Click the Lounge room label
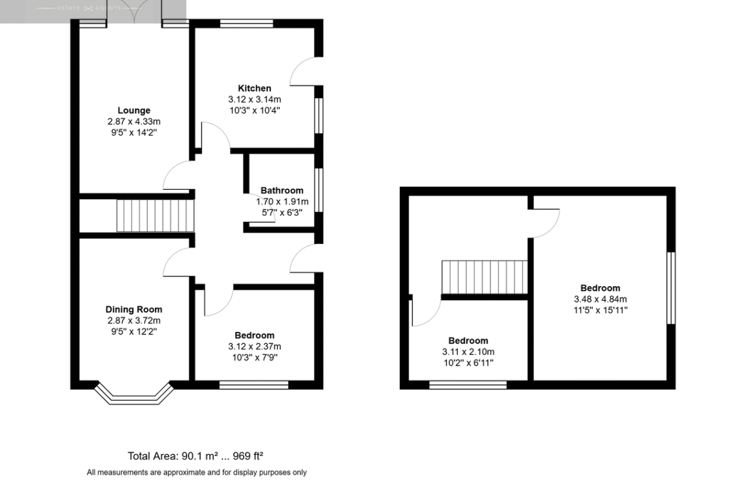click(134, 110)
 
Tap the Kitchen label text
click(254, 89)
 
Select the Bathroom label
click(282, 190)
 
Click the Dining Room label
click(134, 310)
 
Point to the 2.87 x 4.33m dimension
click(134, 122)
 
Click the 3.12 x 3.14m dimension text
click(254, 100)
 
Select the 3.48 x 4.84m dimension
click(601, 299)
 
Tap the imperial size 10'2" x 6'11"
click(469, 363)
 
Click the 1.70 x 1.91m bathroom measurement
click(282, 202)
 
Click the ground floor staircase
click(156, 216)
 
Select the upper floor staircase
click(485, 278)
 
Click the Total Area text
click(196, 456)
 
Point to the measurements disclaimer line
click(196, 473)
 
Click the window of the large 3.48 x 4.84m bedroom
click(671, 288)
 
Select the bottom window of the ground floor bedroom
click(254, 385)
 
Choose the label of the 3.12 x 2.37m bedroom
click(254, 336)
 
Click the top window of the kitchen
click(247, 24)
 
